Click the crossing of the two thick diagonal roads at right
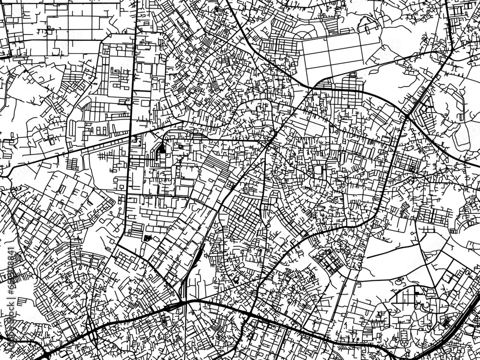407,116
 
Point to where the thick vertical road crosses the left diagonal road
132,136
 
